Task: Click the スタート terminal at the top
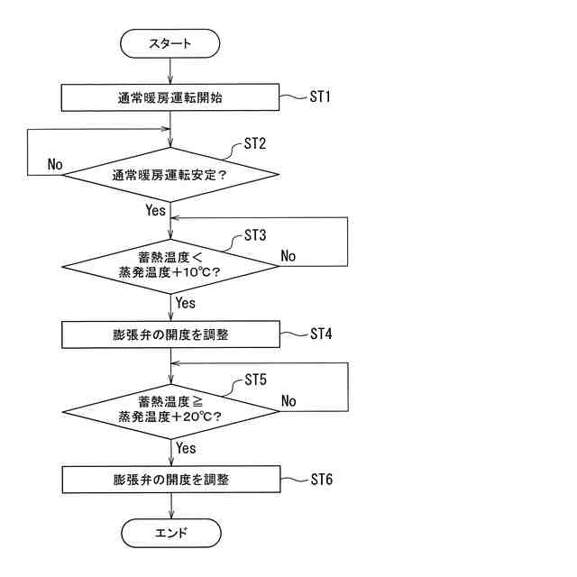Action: pyautogui.click(x=170, y=43)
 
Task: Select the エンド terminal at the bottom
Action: pyautogui.click(x=170, y=533)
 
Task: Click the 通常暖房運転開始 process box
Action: pyautogui.click(x=170, y=98)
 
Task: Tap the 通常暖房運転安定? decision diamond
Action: pyautogui.click(x=170, y=175)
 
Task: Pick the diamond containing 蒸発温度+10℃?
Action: pyautogui.click(x=170, y=266)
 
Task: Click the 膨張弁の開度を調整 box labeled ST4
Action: pyautogui.click(x=170, y=334)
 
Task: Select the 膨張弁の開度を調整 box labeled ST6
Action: pyautogui.click(x=170, y=479)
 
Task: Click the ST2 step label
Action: pyautogui.click(x=256, y=144)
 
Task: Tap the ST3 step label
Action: pyautogui.click(x=256, y=235)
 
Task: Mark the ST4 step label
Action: pyautogui.click(x=321, y=334)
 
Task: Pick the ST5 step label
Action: pyautogui.click(x=256, y=380)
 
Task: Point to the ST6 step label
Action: pyautogui.click(x=321, y=478)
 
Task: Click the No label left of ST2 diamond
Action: pyautogui.click(x=55, y=165)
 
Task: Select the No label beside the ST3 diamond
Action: pyautogui.click(x=288, y=256)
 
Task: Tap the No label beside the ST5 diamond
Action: pyautogui.click(x=289, y=400)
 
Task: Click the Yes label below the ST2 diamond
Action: pyautogui.click(x=155, y=210)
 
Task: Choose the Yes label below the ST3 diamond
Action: pyautogui.click(x=186, y=303)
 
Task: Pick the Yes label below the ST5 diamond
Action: pyautogui.click(x=186, y=448)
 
